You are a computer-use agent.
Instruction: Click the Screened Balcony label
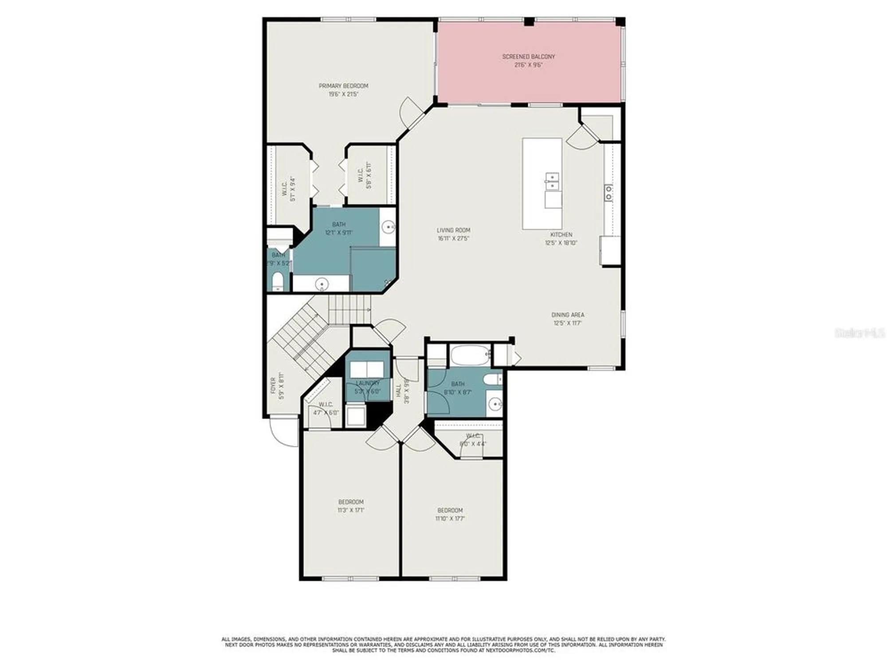[x=528, y=57]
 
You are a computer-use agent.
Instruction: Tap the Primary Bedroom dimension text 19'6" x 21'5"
[x=343, y=94]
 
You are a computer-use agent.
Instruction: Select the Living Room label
[x=453, y=230]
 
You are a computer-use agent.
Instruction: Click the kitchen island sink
[x=552, y=182]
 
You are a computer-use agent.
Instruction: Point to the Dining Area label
[x=568, y=315]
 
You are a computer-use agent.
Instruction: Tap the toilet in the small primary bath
[x=278, y=282]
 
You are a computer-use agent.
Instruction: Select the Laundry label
[x=368, y=383]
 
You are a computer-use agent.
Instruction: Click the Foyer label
[x=273, y=385]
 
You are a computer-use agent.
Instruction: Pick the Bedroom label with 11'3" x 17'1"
[x=351, y=502]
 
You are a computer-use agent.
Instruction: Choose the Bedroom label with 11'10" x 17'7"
[x=450, y=510]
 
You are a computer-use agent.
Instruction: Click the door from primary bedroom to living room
[x=412, y=112]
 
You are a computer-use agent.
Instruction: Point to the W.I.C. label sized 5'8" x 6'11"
[x=361, y=175]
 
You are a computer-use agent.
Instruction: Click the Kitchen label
[x=561, y=235]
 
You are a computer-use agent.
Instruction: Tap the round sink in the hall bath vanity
[x=496, y=404]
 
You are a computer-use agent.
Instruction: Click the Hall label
[x=398, y=390]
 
